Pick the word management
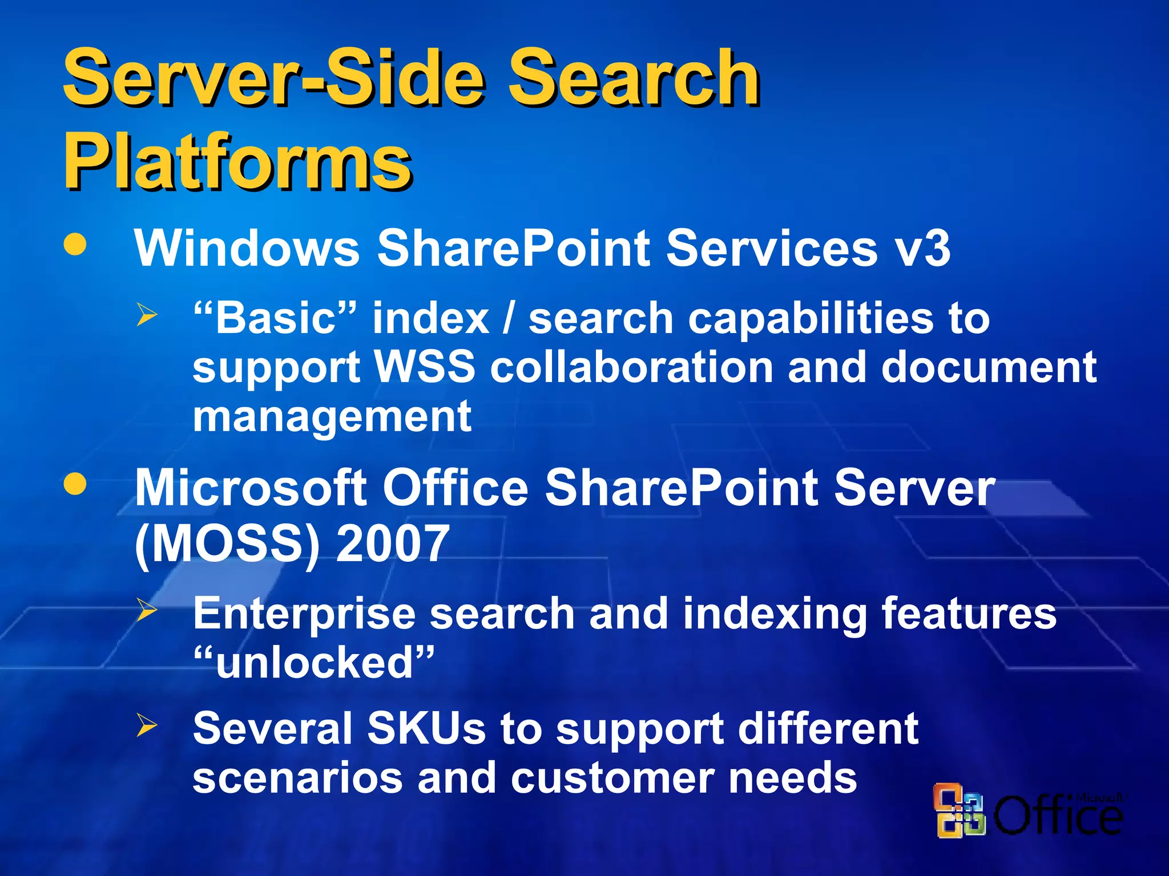[332, 416]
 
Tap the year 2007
[393, 543]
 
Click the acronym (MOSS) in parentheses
[227, 544]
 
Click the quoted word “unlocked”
[313, 663]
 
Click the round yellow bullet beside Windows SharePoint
[75, 245]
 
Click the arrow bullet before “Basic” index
[147, 315]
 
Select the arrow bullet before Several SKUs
[147, 726]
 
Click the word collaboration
[631, 367]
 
